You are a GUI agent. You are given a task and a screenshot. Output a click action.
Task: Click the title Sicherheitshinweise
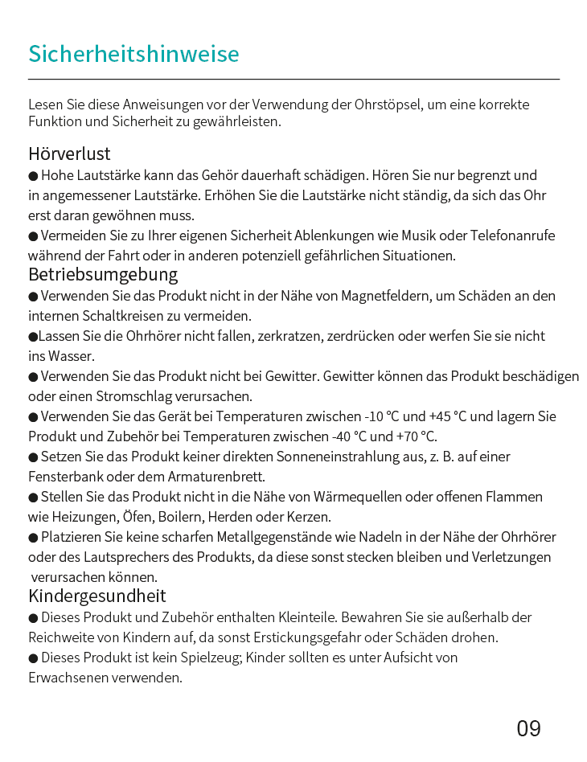[133, 54]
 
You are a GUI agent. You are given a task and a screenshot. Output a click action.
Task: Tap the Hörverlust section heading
[69, 154]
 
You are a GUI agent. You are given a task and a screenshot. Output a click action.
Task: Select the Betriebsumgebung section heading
[103, 275]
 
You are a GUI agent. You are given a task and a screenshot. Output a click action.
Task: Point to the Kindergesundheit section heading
[96, 596]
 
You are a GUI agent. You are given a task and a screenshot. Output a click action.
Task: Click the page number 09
[528, 729]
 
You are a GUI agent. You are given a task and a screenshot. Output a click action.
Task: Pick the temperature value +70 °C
[417, 436]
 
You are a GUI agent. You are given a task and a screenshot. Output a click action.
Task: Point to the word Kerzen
[311, 517]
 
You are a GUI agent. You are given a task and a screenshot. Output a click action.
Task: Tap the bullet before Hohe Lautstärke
[33, 176]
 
